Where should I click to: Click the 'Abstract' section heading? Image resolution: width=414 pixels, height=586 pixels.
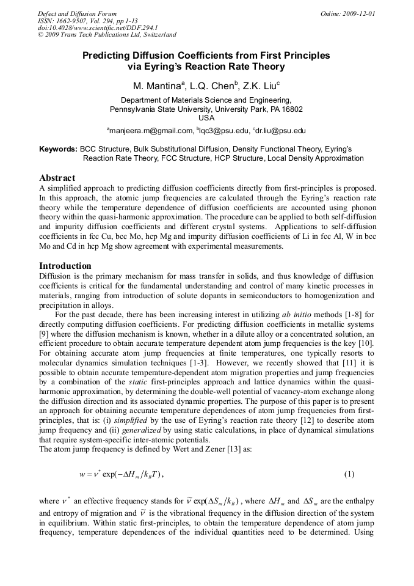[x=57, y=178]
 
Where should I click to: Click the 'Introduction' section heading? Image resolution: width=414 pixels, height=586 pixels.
[x=65, y=266]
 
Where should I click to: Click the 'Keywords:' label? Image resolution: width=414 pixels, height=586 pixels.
[x=58, y=149]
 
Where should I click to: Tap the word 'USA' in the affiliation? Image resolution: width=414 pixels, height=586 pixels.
[x=206, y=118]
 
